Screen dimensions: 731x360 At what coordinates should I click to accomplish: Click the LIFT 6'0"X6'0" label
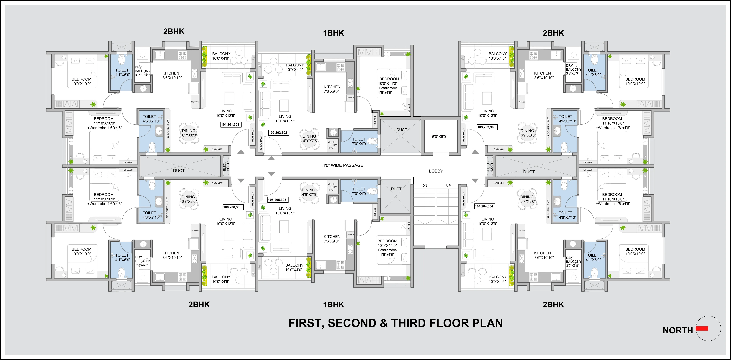point(439,134)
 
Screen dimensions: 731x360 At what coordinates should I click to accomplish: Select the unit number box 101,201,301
point(230,124)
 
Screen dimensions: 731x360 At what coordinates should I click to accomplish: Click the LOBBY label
point(436,171)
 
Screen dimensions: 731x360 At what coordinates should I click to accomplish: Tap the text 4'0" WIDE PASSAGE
point(343,165)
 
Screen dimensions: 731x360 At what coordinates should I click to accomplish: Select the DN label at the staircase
point(425,186)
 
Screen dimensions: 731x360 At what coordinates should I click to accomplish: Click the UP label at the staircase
point(448,186)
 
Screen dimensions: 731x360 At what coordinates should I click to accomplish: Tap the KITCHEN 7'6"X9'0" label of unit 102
point(332,89)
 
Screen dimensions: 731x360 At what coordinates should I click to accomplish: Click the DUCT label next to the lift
point(402,130)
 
